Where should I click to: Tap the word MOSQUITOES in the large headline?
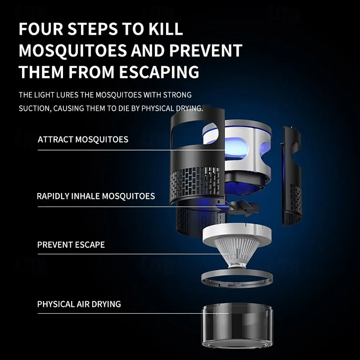(73, 50)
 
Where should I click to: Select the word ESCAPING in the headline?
(159, 72)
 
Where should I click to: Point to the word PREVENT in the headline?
(206, 50)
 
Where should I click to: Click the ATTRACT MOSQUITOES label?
(83, 139)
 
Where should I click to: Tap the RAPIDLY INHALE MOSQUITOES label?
(96, 196)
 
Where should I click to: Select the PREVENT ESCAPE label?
(71, 245)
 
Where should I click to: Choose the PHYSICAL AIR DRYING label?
(79, 304)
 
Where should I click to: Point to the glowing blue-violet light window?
(236, 148)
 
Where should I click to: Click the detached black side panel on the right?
(291, 176)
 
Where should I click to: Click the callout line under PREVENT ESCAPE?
(133, 254)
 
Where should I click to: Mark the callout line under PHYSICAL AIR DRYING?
(133, 313)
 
